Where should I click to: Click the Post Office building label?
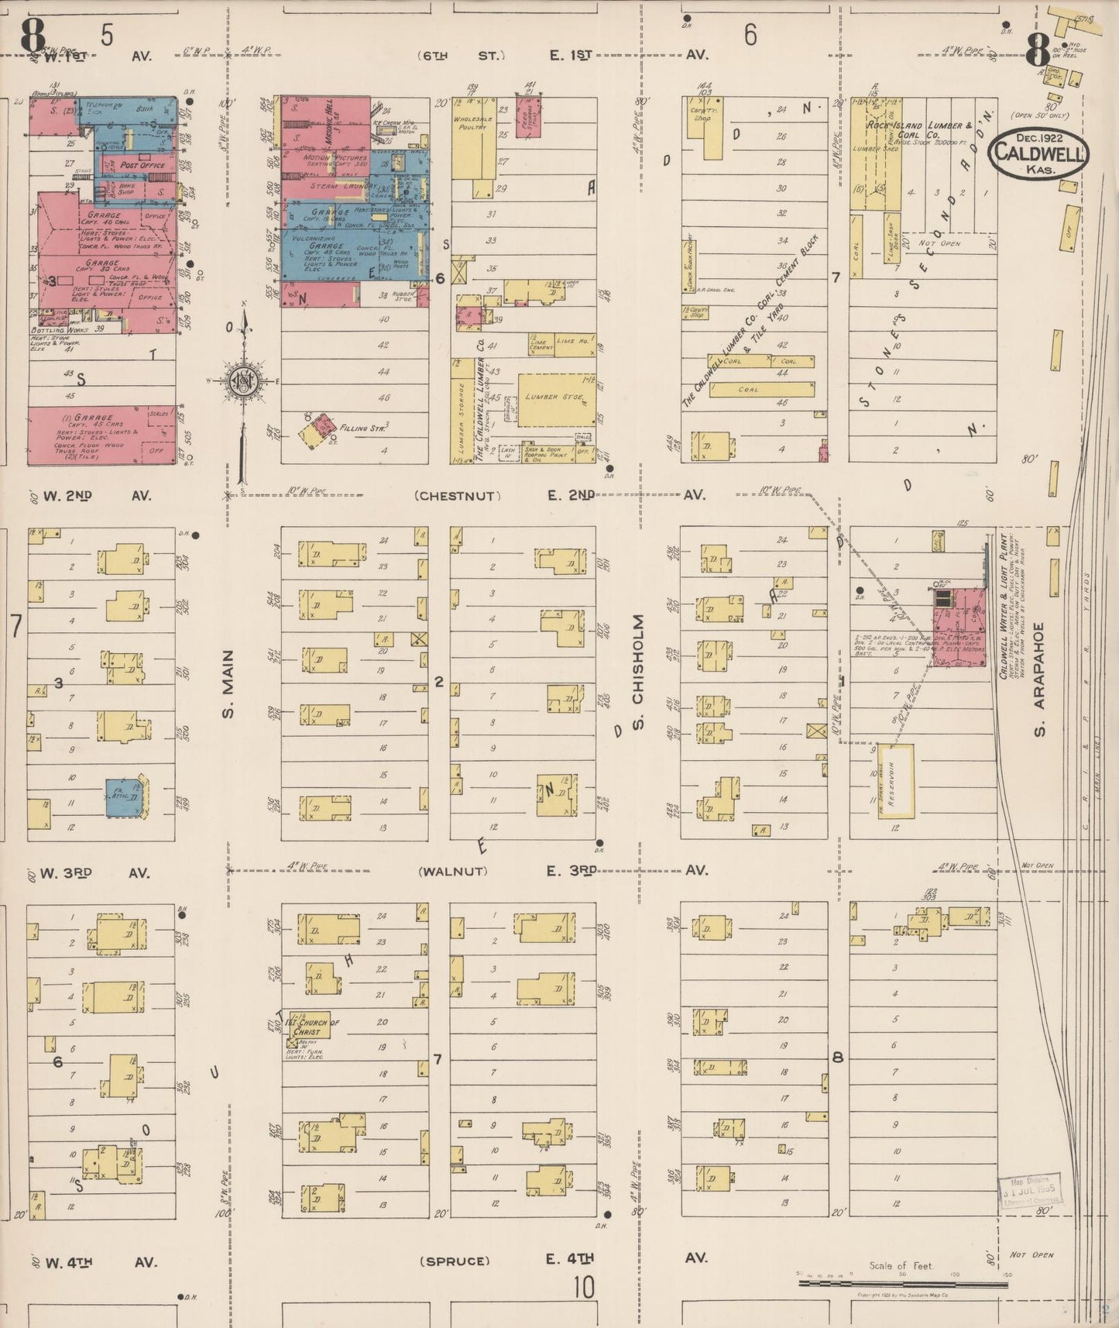tap(142, 165)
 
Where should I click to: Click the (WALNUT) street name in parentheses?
tap(453, 872)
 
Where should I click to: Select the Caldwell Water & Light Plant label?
tap(1003, 606)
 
